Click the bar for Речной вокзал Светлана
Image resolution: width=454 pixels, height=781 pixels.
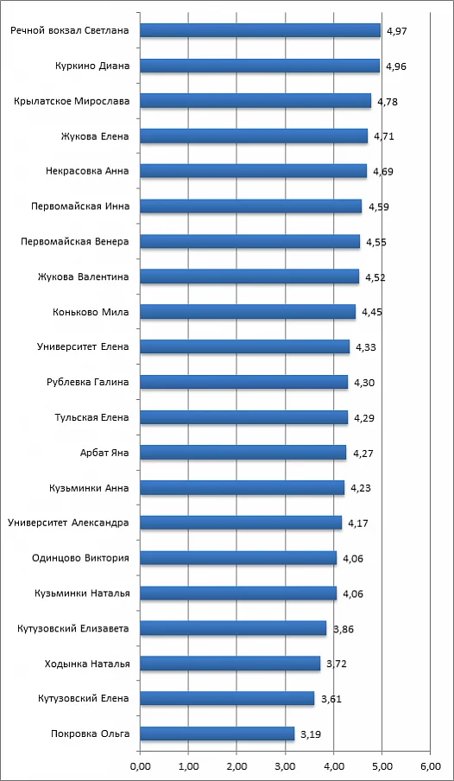[260, 31]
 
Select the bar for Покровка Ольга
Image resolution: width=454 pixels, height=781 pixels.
[217, 733]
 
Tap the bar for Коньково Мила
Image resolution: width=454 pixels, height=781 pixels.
[248, 312]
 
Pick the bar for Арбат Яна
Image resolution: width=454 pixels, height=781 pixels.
[243, 452]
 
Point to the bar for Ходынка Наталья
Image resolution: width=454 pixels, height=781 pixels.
[230, 664]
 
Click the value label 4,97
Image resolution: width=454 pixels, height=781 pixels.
[397, 32]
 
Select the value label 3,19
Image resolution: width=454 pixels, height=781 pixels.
[311, 734]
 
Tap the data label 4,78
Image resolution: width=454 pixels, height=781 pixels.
[388, 102]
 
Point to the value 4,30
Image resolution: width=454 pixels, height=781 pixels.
[364, 383]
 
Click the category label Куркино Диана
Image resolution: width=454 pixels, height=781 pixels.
[92, 66]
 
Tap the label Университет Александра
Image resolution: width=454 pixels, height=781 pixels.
[69, 523]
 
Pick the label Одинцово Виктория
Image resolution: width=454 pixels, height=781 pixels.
[80, 558]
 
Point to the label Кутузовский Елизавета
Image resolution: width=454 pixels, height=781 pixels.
[73, 628]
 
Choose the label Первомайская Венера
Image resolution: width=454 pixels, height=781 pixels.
[75, 242]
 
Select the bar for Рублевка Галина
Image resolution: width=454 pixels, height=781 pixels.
[244, 382]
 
